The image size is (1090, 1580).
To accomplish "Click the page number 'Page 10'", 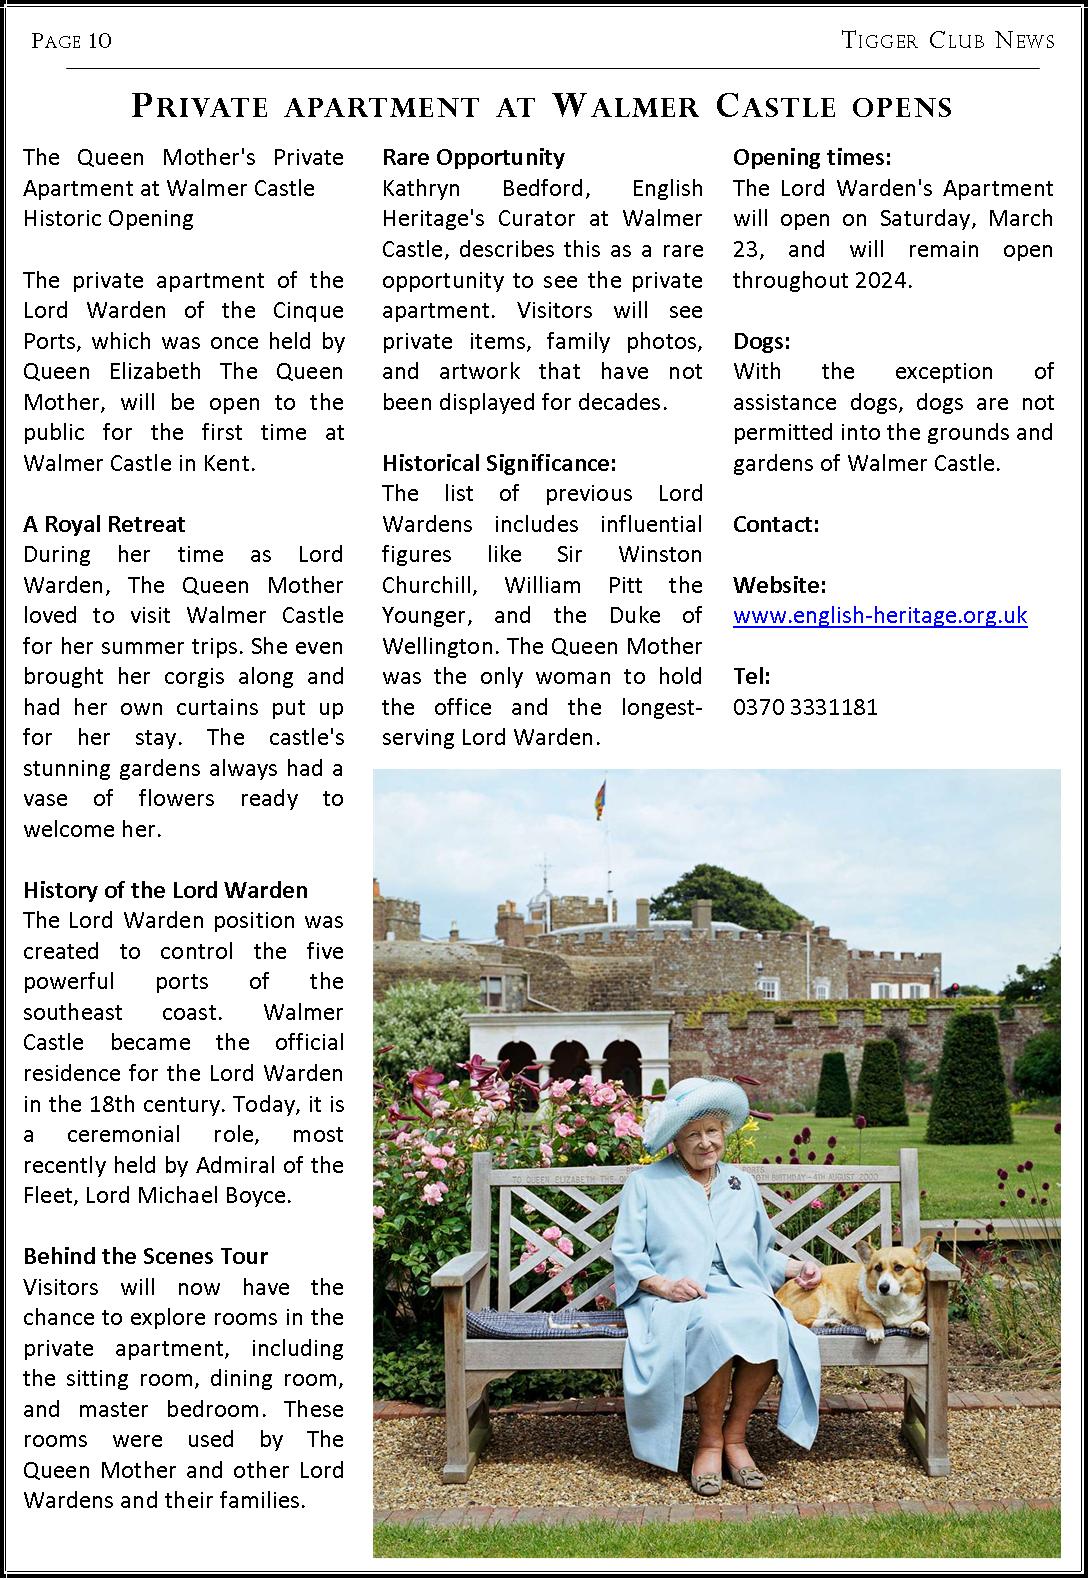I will [x=71, y=40].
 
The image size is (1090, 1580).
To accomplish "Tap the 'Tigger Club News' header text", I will [x=948, y=40].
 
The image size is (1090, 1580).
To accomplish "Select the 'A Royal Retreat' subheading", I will [x=104, y=524].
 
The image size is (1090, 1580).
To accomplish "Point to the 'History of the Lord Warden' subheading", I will [x=165, y=890].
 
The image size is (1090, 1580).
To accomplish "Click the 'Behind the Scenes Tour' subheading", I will [x=146, y=1256].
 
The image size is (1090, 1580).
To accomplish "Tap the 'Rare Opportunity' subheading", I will [x=473, y=157].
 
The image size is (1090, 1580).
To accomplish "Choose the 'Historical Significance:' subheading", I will [x=499, y=463].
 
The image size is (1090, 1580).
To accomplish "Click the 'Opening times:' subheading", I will [x=812, y=157].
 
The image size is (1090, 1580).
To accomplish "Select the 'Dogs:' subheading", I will [x=762, y=341].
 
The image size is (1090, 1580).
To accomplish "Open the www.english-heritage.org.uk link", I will [x=880, y=615].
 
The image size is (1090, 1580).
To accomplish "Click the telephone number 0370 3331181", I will [x=805, y=707].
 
